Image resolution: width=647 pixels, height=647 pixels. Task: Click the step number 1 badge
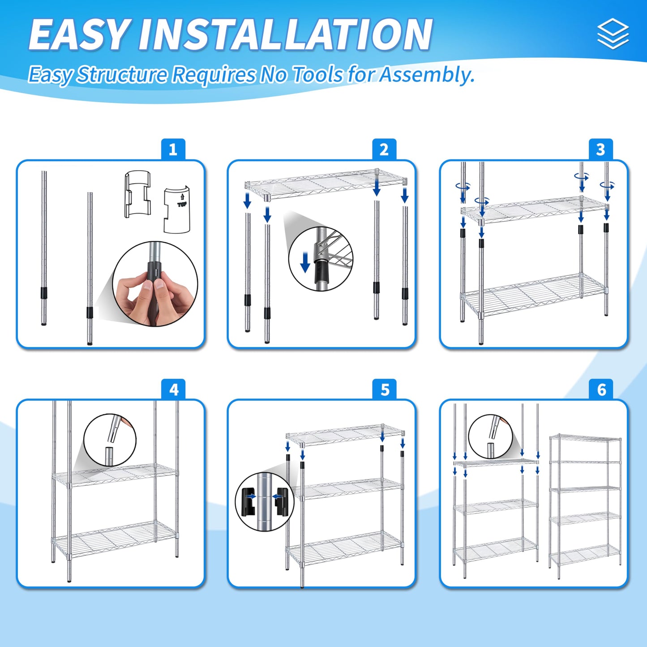[173, 149]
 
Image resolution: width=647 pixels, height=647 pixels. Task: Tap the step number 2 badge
[384, 149]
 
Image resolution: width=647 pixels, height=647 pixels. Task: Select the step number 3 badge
[601, 149]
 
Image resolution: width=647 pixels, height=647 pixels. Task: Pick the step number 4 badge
[173, 390]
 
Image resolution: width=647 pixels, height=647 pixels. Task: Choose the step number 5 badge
[385, 390]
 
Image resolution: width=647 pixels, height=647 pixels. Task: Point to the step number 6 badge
[601, 390]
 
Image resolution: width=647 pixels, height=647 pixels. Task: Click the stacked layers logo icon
[613, 34]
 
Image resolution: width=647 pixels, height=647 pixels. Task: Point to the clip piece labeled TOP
[177, 210]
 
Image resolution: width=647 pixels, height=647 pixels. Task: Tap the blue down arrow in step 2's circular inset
[305, 262]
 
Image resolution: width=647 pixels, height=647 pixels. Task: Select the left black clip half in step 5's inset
[249, 501]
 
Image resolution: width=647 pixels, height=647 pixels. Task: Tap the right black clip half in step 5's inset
[282, 501]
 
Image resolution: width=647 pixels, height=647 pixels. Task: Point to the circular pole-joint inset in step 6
[490, 437]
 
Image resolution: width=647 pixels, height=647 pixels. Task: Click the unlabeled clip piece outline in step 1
[137, 194]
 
